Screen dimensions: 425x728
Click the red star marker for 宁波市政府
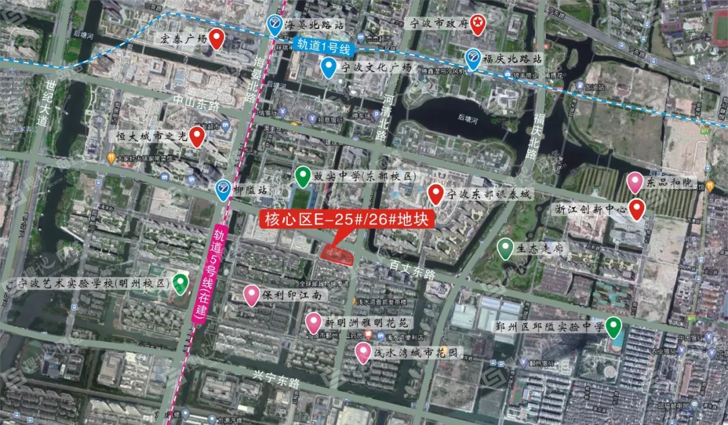477,24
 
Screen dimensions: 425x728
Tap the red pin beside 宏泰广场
216,38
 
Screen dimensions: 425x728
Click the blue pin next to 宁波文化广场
328,67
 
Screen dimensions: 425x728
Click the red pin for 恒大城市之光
196,136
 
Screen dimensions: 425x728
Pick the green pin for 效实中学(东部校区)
303,177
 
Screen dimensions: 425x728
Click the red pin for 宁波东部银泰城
436,194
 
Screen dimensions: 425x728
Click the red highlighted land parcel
337,254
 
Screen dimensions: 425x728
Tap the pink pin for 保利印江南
251,295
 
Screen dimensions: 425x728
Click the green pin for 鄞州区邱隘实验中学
612,327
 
